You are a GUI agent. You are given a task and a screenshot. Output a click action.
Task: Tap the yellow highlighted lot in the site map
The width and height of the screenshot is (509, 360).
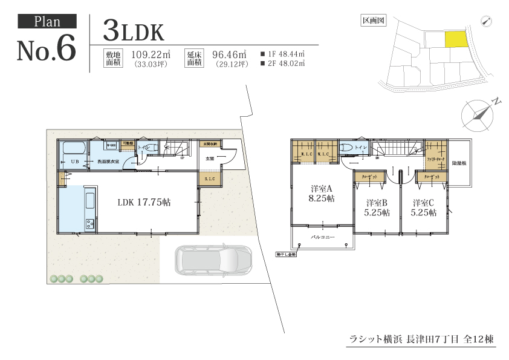(456, 39)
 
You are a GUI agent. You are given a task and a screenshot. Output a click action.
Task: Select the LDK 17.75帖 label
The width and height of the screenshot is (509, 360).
(144, 203)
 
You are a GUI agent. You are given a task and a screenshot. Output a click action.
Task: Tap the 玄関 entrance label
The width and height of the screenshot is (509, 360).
(210, 159)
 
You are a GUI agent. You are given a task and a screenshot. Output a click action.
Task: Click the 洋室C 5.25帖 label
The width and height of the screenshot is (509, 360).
(424, 208)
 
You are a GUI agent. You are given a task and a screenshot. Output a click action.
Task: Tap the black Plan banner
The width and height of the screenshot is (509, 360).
(47, 22)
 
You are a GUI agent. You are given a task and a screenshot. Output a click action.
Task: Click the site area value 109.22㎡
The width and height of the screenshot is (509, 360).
(151, 54)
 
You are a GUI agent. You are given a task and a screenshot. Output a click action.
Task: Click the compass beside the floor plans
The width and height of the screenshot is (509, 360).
(478, 114)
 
